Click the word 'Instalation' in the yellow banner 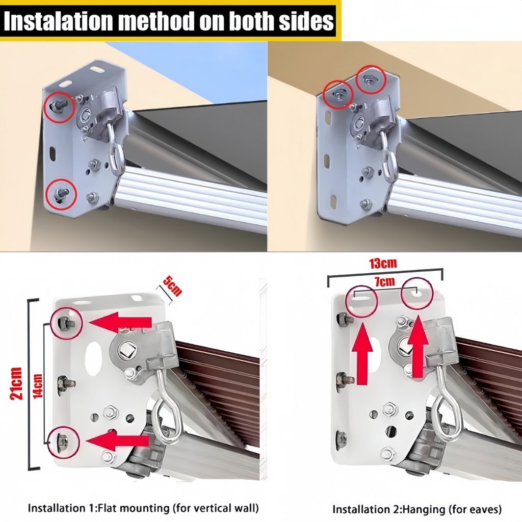[59, 21]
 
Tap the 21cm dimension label [16, 383]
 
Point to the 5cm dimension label [172, 286]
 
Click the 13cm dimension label [383, 264]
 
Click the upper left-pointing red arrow [120, 322]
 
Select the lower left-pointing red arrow [118, 440]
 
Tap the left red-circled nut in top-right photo [338, 95]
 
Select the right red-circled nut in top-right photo [369, 80]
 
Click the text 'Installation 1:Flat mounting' [99, 508]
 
